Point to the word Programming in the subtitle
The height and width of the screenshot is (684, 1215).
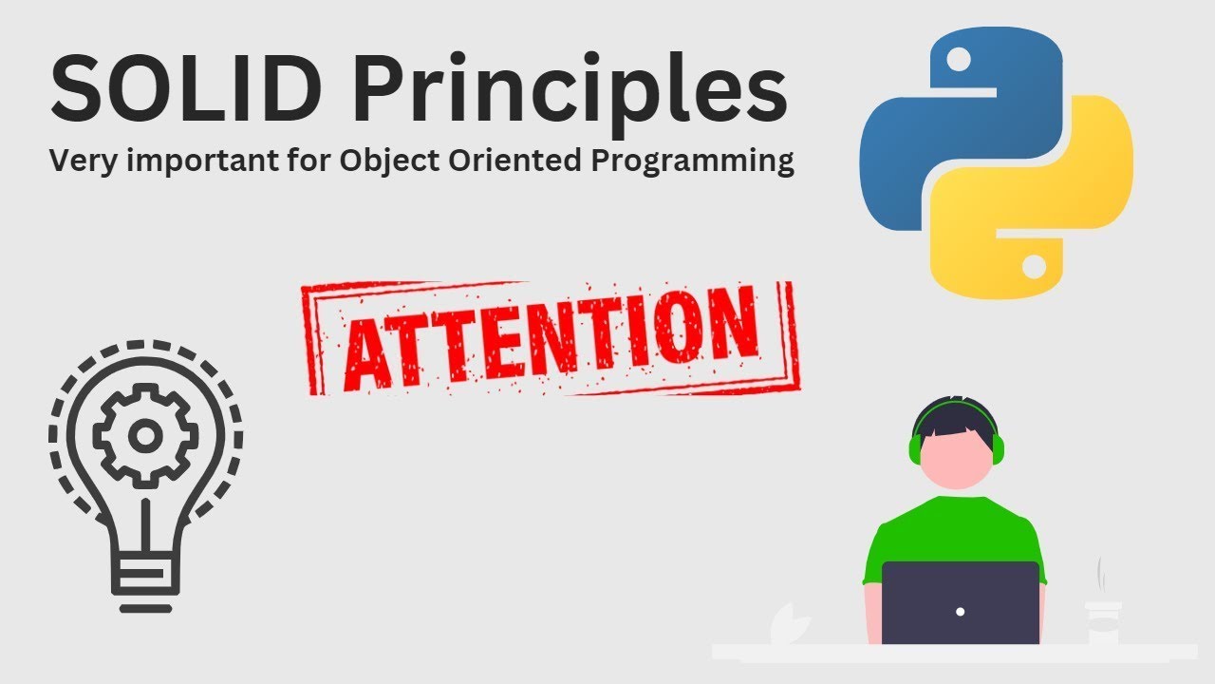coord(692,162)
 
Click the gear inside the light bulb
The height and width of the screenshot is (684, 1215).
coord(145,436)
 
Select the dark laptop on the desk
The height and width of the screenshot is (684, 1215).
coord(961,602)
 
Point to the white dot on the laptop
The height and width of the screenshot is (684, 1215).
coord(961,611)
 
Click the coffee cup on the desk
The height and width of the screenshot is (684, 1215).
coord(1104,622)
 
